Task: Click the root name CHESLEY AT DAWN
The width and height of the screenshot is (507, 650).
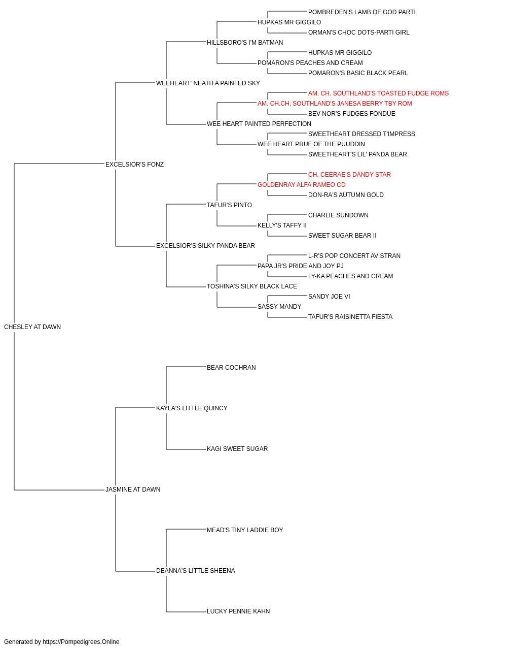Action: click(32, 327)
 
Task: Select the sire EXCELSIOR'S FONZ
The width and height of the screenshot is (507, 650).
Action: click(134, 165)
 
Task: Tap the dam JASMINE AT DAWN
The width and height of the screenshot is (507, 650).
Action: click(133, 490)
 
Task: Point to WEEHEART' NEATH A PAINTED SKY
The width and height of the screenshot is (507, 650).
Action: click(208, 83)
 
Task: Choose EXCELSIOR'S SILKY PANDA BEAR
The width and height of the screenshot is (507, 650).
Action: click(205, 246)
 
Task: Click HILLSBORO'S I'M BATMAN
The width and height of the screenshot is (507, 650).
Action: click(245, 43)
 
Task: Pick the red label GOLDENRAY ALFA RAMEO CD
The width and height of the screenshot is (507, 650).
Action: click(301, 185)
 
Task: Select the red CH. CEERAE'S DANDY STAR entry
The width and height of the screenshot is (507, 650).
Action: click(349, 175)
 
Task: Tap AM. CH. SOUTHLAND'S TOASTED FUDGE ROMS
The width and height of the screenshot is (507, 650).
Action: click(378, 93)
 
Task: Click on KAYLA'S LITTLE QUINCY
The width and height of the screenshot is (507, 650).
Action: click(192, 408)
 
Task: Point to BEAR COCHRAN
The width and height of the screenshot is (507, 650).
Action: click(231, 368)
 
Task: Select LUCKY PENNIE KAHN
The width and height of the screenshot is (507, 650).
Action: click(238, 611)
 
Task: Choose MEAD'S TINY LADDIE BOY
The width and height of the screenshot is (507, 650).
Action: click(245, 530)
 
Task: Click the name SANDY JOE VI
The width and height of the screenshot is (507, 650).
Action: click(329, 297)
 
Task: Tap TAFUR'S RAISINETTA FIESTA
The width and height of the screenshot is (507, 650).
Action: click(350, 317)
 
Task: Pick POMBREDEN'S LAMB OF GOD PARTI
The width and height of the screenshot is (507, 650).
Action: click(361, 12)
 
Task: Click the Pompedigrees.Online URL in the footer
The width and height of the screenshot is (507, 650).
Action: click(81, 642)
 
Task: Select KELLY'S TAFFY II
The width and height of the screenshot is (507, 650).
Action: click(282, 225)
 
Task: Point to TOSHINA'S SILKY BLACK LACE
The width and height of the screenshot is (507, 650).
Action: click(251, 286)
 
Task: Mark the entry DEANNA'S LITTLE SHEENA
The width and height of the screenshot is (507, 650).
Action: click(196, 571)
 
